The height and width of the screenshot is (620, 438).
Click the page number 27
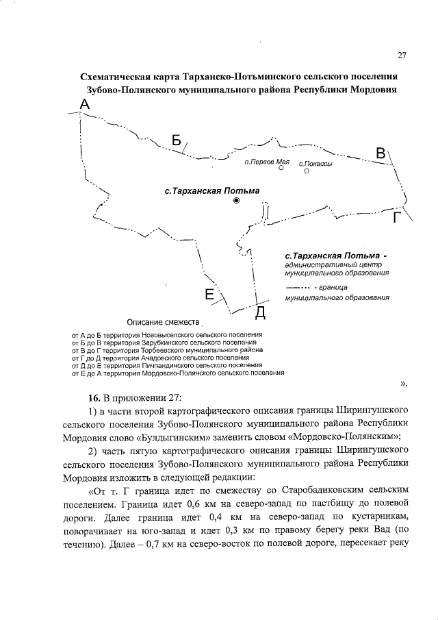(x=402, y=55)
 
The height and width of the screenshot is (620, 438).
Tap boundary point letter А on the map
(x=85, y=104)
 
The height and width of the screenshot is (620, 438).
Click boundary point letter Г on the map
(x=396, y=217)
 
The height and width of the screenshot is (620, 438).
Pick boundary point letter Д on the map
(x=260, y=313)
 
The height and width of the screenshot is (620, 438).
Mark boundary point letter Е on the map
(x=210, y=295)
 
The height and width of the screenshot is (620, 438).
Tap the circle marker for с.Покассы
(x=306, y=172)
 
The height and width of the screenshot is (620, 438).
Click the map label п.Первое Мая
(x=268, y=162)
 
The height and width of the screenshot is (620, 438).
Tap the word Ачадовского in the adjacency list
(x=136, y=357)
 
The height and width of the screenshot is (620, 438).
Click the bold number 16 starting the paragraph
(x=93, y=397)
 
